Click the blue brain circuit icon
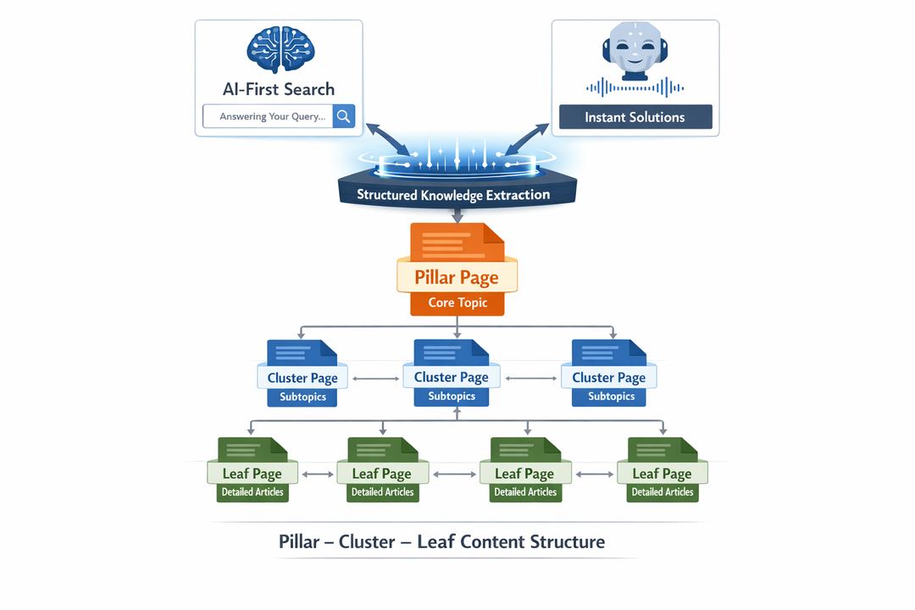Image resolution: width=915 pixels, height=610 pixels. (280, 50)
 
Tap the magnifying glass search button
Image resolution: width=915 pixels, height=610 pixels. (343, 116)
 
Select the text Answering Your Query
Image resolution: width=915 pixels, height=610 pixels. (272, 117)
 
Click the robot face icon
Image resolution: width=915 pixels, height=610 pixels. (635, 51)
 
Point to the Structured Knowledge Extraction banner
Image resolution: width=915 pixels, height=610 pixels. (453, 195)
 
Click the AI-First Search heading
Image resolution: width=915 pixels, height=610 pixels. (279, 89)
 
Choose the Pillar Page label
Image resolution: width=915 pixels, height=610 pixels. (457, 277)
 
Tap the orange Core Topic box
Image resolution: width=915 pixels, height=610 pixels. (457, 302)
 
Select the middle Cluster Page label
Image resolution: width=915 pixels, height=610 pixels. (451, 377)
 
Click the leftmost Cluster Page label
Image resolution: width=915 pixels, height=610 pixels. (302, 378)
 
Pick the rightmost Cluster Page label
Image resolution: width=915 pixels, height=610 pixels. (608, 377)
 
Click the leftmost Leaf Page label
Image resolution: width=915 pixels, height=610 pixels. (252, 474)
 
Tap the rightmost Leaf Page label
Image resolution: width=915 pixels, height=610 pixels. (662, 474)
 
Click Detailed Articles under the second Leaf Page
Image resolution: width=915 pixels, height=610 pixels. (382, 492)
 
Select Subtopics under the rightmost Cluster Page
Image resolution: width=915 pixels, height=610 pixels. (611, 396)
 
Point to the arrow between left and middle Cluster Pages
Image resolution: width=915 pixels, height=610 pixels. (374, 378)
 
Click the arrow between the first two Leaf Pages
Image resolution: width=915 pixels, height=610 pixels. (318, 474)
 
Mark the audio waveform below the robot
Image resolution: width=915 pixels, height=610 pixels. (635, 87)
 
